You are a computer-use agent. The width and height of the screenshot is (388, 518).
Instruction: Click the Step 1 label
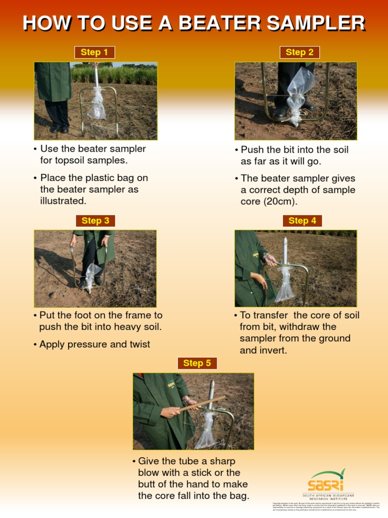(94, 52)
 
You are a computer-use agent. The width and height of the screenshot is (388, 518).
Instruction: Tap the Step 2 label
(300, 52)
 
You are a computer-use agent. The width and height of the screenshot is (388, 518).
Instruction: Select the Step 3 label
(95, 221)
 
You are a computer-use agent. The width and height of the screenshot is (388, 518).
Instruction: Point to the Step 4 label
(302, 221)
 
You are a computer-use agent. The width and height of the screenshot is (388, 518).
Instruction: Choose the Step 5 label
(197, 363)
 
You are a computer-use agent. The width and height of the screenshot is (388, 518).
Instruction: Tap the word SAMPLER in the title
(315, 23)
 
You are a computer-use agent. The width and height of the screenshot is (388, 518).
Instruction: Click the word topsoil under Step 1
(76, 160)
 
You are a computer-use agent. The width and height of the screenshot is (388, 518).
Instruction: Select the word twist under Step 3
(138, 344)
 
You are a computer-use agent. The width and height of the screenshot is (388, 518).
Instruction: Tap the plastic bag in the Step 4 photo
(284, 286)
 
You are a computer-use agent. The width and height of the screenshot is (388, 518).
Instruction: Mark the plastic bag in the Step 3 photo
(91, 276)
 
